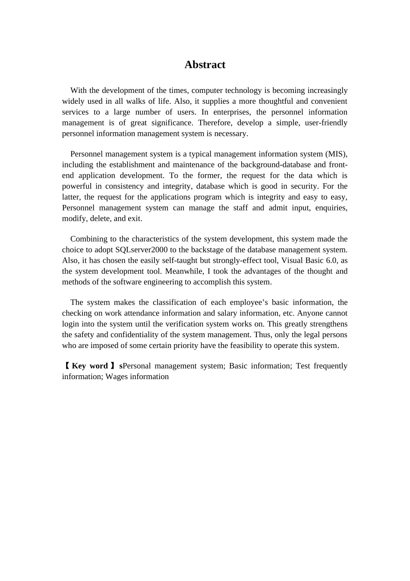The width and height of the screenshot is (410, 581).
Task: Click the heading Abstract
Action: click(x=205, y=65)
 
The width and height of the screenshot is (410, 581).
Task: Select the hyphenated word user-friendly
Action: click(x=326, y=123)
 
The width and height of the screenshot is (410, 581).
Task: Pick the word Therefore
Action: click(x=215, y=123)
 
